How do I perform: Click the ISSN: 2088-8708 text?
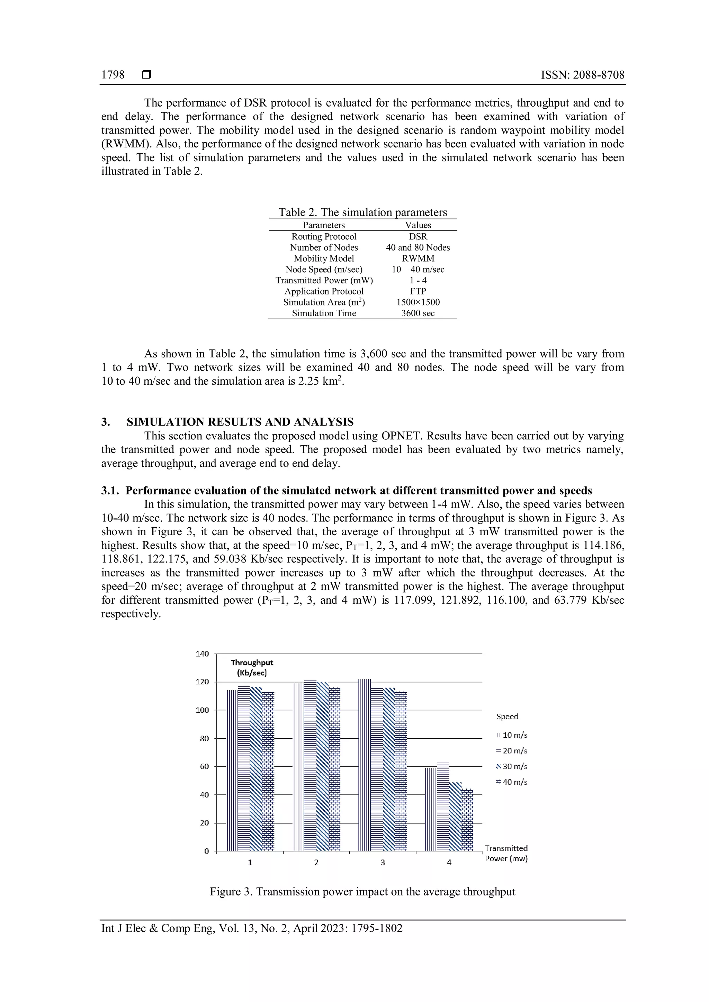click(582, 75)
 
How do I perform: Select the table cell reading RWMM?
click(418, 258)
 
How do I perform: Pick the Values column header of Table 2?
click(418, 225)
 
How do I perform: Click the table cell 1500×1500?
click(418, 302)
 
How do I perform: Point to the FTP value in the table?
click(418, 291)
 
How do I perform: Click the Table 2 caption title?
click(362, 212)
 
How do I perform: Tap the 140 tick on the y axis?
click(203, 654)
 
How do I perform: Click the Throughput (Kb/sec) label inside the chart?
click(252, 668)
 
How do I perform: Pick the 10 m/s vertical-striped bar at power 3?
click(365, 764)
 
